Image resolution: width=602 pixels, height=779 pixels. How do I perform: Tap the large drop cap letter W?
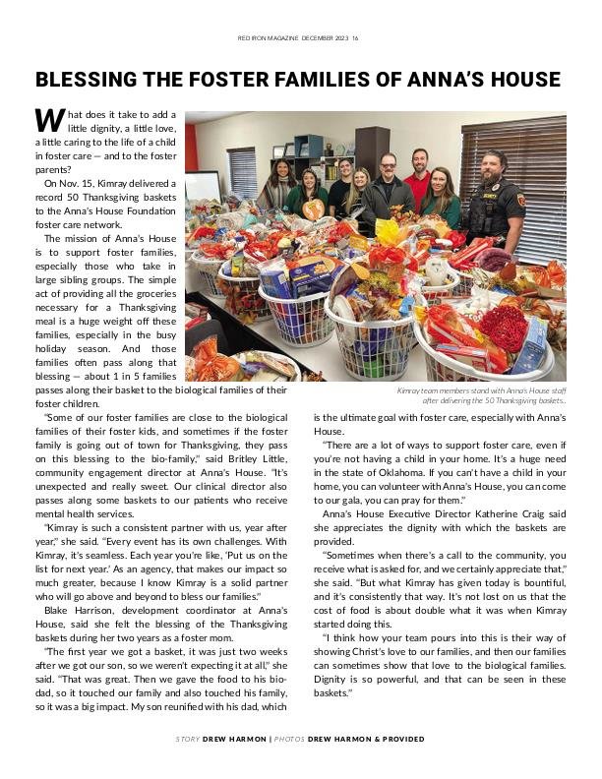tap(49, 120)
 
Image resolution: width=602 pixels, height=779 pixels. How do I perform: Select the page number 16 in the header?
tap(355, 38)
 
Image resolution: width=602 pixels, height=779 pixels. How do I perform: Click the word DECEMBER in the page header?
tap(311, 38)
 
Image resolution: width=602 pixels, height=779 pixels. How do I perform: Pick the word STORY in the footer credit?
tap(188, 739)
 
